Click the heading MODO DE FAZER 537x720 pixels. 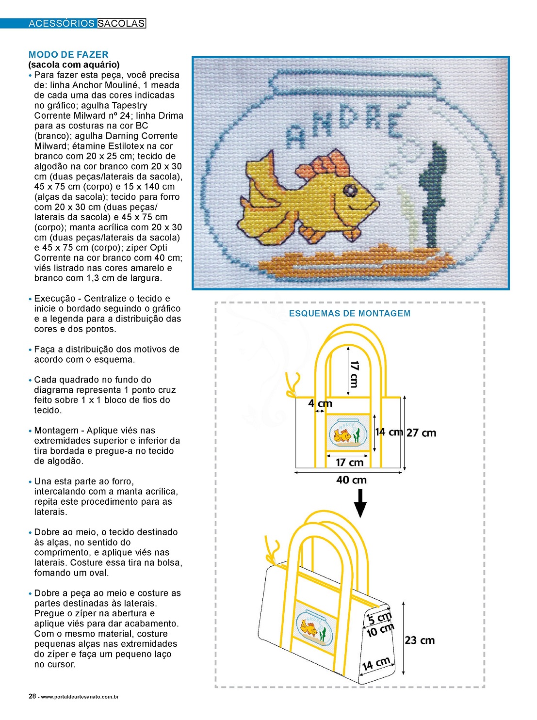tap(68, 55)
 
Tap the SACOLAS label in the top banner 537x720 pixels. tap(121, 23)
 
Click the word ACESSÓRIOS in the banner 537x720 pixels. tap(61, 23)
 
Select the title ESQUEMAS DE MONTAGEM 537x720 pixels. tap(349, 314)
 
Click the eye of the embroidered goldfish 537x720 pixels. tap(349, 191)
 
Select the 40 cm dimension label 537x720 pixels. tap(351, 480)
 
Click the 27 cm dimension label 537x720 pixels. tap(421, 433)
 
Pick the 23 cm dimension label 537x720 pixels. tap(420, 640)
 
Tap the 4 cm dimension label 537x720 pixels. tap(320, 403)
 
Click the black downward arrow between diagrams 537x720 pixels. tap(360, 503)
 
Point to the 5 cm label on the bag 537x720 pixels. tap(379, 618)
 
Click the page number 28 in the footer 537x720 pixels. tap(32, 697)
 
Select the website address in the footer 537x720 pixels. tap(80, 697)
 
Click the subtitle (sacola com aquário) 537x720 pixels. tap(74, 65)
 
